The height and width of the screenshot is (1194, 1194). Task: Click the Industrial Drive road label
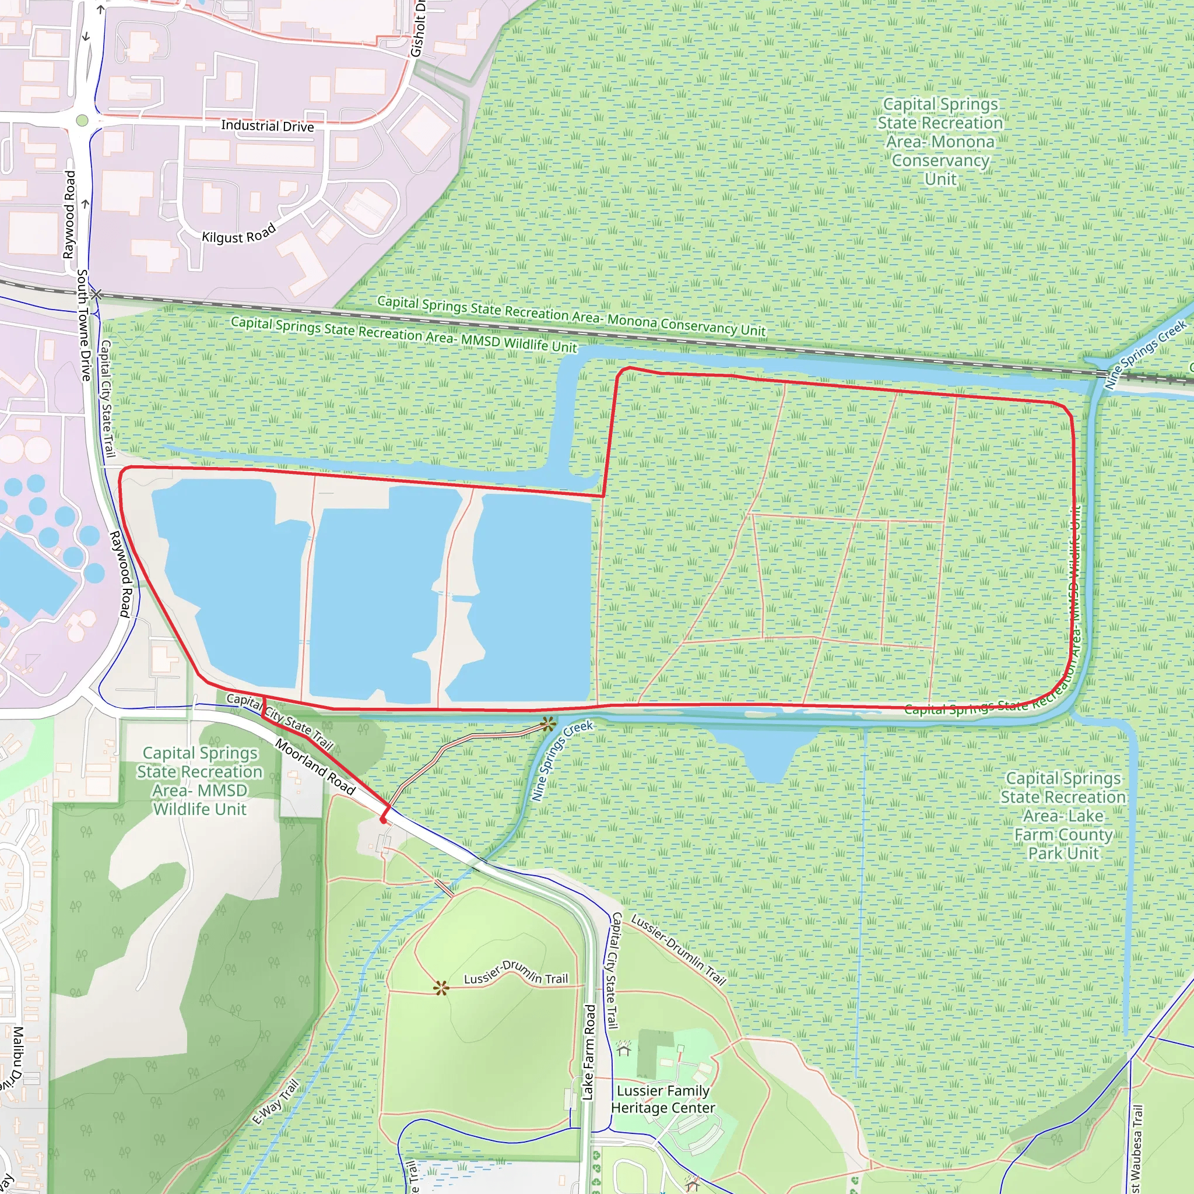pos(267,126)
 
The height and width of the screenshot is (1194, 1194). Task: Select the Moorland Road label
pos(315,766)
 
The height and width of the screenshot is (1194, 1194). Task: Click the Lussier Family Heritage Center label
pos(662,1100)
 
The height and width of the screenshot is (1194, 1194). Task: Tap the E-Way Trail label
pos(276,1101)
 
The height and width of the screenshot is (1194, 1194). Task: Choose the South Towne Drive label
pos(83,325)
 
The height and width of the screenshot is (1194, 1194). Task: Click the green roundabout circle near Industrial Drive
pos(82,121)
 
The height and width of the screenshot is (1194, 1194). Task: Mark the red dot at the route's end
pos(383,820)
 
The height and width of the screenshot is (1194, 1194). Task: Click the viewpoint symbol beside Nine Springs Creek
pos(547,724)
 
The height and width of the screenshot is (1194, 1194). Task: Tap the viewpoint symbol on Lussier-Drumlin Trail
pos(441,988)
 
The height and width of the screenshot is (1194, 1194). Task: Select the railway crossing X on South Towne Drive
pos(96,294)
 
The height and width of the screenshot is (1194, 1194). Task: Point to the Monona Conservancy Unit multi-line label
pos(940,142)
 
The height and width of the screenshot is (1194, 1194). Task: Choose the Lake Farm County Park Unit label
pos(1063,816)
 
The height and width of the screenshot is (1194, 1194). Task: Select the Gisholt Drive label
pos(419,28)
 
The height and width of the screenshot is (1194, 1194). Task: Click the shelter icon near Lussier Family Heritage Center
pos(624,1048)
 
